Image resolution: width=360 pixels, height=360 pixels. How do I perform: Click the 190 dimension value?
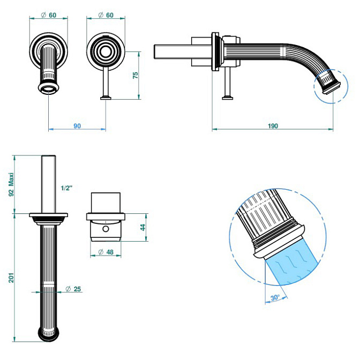pyautogui.click(x=273, y=126)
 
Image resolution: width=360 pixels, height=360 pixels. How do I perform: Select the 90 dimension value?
pyautogui.click(x=77, y=126)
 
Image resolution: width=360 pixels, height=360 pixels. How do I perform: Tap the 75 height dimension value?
pyautogui.click(x=136, y=75)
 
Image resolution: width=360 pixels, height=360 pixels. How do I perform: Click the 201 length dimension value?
pyautogui.click(x=11, y=277)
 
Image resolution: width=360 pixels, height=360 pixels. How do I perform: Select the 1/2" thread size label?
pyautogui.click(x=66, y=188)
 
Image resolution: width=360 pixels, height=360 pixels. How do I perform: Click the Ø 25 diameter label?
pyautogui.click(x=73, y=290)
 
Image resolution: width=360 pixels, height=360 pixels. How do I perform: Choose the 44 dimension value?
pyautogui.click(x=142, y=227)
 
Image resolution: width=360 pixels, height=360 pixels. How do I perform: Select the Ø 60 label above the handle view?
pyautogui.click(x=106, y=15)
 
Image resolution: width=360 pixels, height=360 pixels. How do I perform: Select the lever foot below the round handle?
pyautogui.click(x=106, y=97)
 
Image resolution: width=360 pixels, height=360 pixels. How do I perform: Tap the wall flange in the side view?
pyautogui.click(x=216, y=52)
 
